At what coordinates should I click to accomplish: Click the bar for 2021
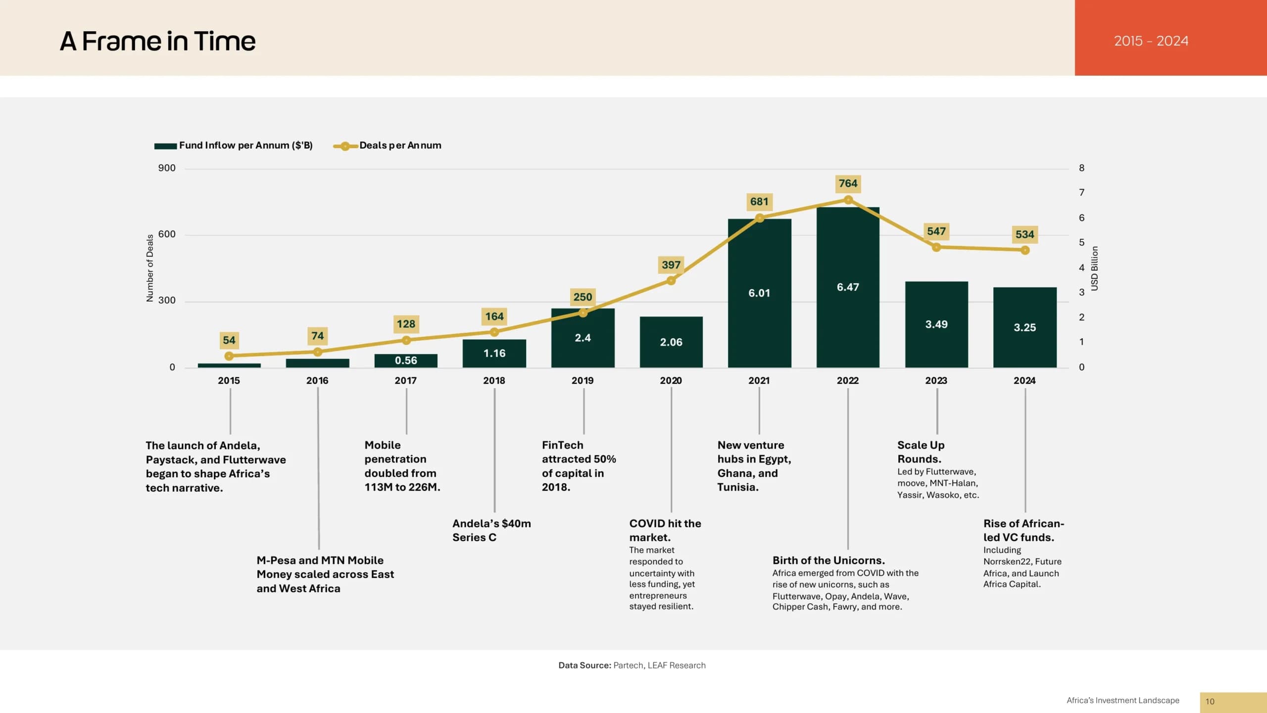pos(759,293)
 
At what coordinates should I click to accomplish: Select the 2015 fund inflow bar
pos(229,365)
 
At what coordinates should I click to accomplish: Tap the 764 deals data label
pos(848,184)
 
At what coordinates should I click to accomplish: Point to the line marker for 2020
pos(671,281)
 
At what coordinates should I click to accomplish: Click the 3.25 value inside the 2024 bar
pos(1024,327)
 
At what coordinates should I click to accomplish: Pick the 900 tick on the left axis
pos(167,168)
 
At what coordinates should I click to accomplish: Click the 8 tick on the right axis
pos(1081,168)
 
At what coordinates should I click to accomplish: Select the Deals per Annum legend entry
pos(388,146)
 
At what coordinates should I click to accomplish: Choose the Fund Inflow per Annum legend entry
pos(234,146)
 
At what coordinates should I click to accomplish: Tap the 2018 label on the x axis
pos(494,380)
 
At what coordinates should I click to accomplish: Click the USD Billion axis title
pos(1094,268)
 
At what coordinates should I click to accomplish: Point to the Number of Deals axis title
pos(150,268)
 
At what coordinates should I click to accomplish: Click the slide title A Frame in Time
pos(158,41)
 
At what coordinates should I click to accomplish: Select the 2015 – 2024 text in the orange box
pos(1151,41)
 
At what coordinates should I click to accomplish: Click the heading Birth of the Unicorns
pos(828,560)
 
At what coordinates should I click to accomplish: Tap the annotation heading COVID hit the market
pos(665,530)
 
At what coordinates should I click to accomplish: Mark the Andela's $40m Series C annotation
pos(491,530)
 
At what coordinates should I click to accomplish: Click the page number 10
pos(1210,702)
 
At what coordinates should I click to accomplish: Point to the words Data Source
pos(585,665)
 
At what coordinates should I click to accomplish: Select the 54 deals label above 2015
pos(229,340)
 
